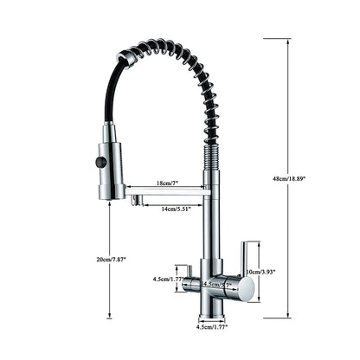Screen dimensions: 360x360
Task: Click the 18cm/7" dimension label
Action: [166, 183]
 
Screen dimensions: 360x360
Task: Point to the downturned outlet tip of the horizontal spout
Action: [137, 202]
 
